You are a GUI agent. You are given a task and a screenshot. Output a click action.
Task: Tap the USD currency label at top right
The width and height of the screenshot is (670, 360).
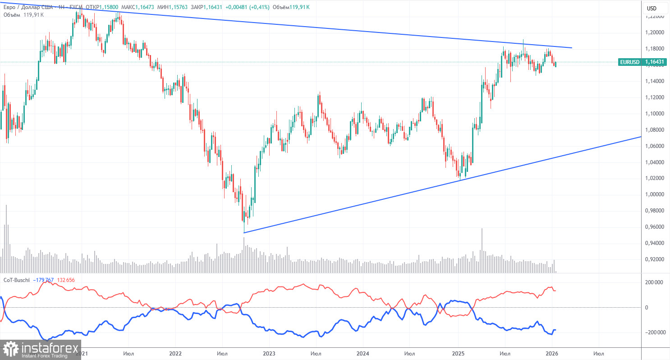pos(651,8)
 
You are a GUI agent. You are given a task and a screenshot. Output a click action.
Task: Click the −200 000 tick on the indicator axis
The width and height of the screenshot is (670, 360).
pos(652,332)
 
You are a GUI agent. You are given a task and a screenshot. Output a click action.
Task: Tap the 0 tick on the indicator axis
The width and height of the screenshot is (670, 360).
pos(646,307)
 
